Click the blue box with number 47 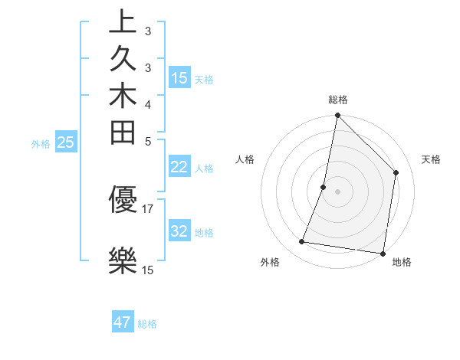tap(123, 322)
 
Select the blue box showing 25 tap(65, 142)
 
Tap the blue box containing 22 tap(179, 167)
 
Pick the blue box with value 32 tap(179, 231)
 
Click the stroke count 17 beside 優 tap(148, 208)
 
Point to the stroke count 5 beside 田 tap(148, 142)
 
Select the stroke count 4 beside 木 tap(148, 104)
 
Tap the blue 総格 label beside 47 tap(147, 324)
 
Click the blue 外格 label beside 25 tap(41, 143)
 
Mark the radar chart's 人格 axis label tap(245, 159)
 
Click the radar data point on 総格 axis tap(337, 116)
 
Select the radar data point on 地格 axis tap(383, 253)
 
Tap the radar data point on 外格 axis tap(302, 242)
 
